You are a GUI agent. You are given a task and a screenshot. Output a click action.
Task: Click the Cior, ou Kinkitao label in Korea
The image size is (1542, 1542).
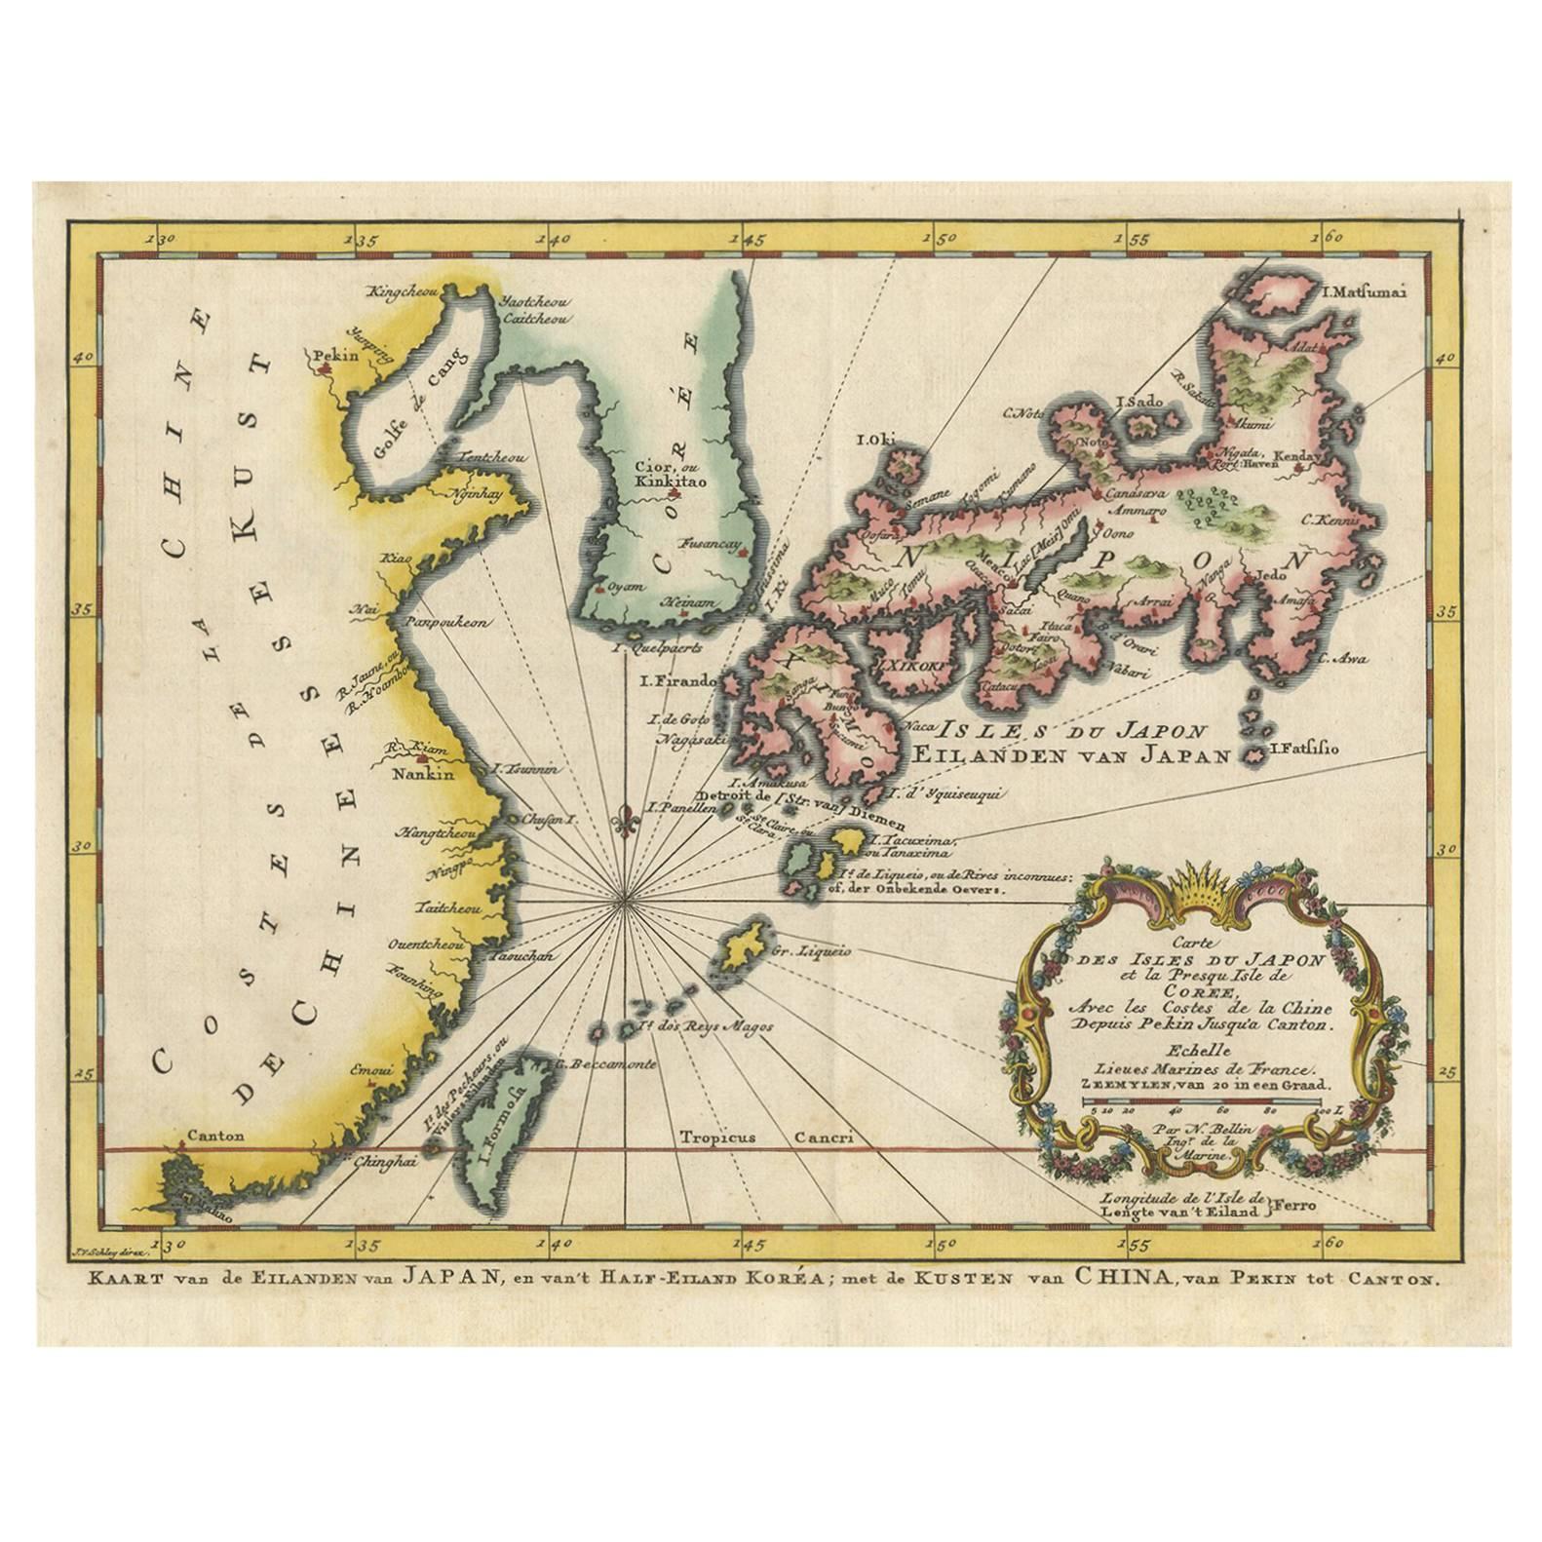point(664,473)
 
